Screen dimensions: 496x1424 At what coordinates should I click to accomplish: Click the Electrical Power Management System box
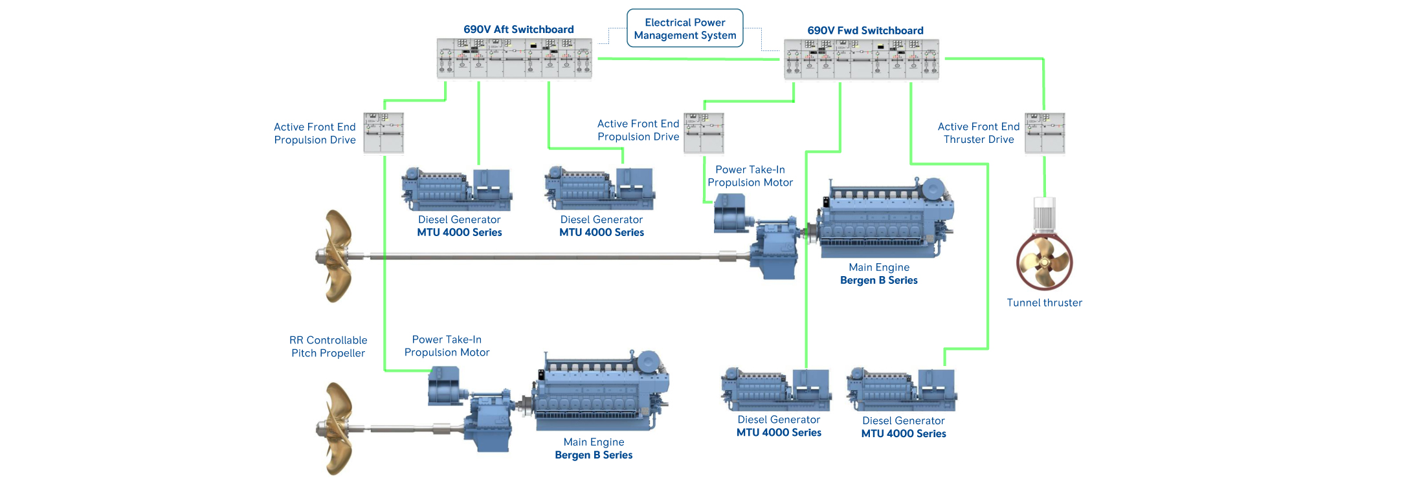coord(685,28)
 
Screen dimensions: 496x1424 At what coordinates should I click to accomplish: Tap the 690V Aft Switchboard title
coord(518,30)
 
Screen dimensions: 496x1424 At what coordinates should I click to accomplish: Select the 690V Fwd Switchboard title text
coord(865,30)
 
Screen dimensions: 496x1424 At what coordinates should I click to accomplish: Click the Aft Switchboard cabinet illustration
coord(514,58)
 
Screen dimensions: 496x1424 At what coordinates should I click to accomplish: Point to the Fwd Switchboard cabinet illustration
coord(862,59)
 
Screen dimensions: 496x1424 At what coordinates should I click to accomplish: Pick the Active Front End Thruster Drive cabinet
coord(1044,133)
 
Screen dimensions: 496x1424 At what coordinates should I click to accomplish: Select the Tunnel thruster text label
coord(1044,303)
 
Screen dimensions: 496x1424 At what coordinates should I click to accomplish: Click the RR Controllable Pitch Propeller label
coord(328,347)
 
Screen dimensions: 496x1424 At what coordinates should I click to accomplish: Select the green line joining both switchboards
coord(687,59)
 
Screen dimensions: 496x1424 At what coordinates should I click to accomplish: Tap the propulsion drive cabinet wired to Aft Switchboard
coord(383,133)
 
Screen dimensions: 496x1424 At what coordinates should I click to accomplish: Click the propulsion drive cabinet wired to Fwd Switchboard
coord(704,133)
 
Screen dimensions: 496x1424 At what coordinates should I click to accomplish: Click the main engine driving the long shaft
coord(884,220)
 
